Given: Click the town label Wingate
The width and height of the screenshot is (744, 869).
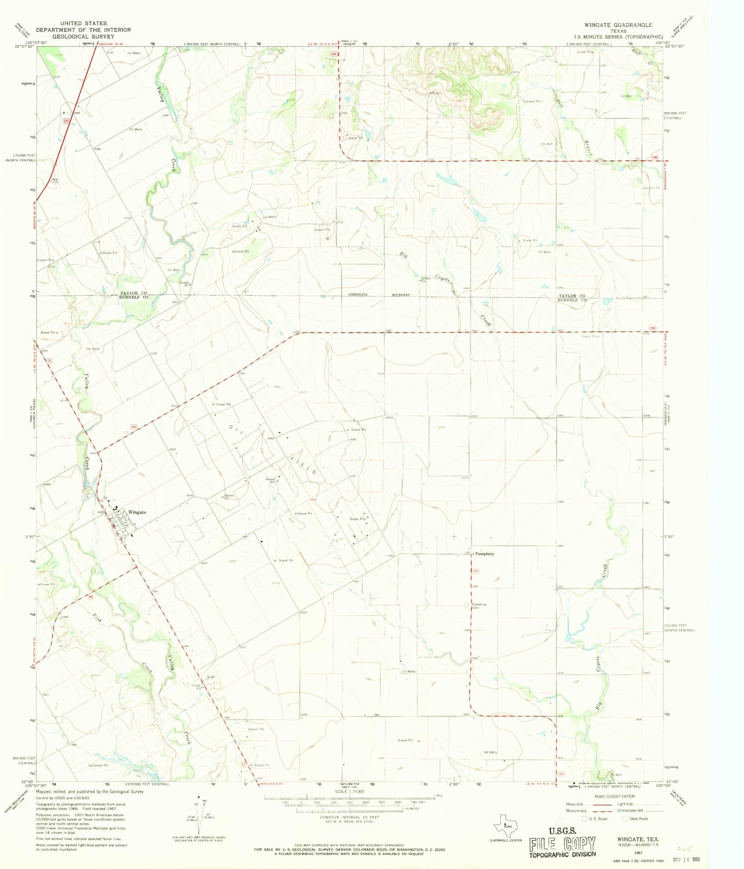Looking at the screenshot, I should [137, 512].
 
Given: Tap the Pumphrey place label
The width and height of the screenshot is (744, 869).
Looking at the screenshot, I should [485, 554].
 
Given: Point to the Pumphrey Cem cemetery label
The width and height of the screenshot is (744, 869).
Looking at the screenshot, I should [479, 606].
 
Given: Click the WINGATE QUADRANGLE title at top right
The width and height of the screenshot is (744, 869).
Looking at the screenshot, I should [618, 25].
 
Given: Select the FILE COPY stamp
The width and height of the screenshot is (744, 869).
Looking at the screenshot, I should [562, 844].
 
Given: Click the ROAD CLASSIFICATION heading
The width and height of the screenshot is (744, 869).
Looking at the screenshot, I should [614, 796].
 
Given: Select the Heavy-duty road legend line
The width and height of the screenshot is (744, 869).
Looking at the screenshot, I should [602, 804].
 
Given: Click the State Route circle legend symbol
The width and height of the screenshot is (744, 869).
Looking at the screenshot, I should [625, 819].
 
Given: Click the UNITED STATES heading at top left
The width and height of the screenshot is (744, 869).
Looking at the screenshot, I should [83, 23].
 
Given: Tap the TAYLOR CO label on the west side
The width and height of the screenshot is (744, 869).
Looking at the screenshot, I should [133, 293].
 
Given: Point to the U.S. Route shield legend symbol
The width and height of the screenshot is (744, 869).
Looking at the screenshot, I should [584, 819].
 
